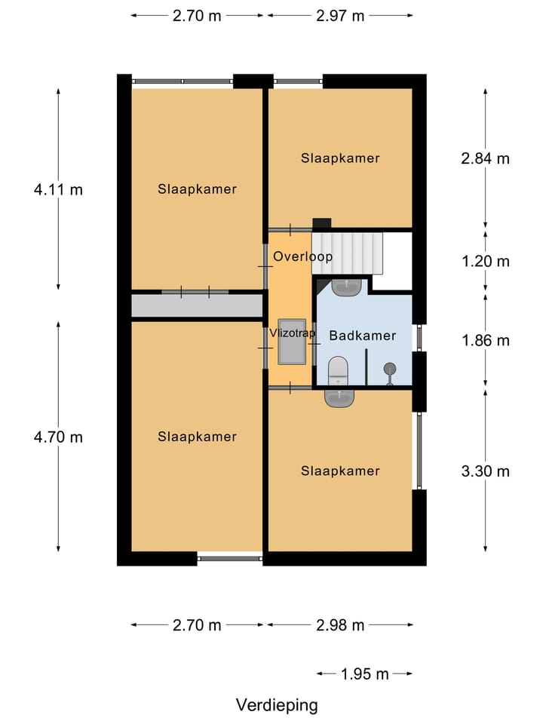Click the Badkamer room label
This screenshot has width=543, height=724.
click(363, 336)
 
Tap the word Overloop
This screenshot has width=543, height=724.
click(302, 256)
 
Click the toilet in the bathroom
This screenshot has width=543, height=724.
click(339, 370)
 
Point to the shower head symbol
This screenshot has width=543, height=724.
click(390, 369)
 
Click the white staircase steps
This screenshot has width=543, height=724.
click(348, 252)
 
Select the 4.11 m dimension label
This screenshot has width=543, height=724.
click(58, 189)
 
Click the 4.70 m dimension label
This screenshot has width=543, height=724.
click(58, 437)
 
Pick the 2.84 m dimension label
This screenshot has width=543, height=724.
click(485, 158)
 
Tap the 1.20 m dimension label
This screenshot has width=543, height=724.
click(485, 262)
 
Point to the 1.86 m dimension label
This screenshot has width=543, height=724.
click(485, 340)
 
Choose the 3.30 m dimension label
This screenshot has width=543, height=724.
click(485, 471)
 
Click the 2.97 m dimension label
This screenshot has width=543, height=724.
click(340, 15)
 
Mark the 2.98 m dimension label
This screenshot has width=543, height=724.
click(340, 625)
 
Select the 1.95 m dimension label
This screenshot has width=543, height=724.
click(364, 673)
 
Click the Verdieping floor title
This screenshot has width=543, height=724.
click(277, 705)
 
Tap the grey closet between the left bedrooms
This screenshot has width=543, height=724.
click(196, 305)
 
